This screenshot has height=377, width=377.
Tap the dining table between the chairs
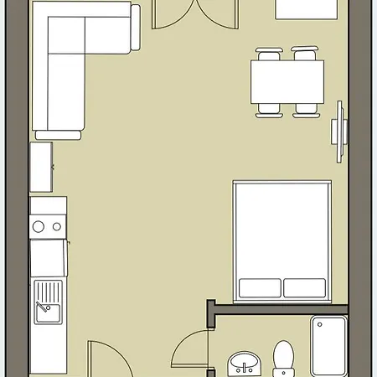point(286,80)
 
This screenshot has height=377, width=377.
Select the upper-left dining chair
point(267,56)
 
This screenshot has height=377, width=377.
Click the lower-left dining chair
point(268,106)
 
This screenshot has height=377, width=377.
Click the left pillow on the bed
point(259,287)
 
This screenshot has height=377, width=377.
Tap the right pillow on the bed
point(306,287)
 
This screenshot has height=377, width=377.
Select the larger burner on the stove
point(39,226)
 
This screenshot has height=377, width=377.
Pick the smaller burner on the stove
point(56,225)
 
